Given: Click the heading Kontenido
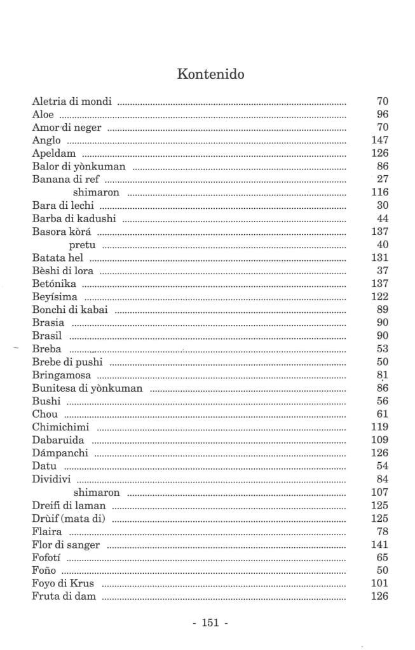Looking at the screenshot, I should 210,74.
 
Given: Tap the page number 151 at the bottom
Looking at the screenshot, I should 210,623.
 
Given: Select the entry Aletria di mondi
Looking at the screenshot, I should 72,101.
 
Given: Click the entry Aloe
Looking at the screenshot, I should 43,114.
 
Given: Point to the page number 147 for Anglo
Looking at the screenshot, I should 379,140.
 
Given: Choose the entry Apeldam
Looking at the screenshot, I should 54,154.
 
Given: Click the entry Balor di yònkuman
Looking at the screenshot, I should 78,166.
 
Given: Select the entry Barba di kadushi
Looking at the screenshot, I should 73,218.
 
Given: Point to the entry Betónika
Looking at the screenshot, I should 54,284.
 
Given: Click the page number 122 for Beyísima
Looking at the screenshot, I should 379,297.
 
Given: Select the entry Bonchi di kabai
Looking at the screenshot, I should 70,310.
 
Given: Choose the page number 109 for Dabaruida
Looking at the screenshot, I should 379,440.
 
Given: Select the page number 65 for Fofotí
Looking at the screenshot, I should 382,557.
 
